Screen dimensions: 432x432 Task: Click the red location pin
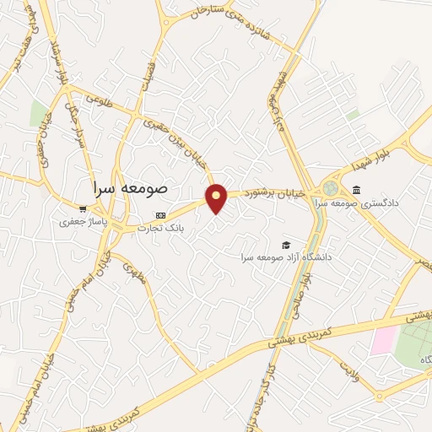218,197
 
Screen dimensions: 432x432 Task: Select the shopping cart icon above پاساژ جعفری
82,209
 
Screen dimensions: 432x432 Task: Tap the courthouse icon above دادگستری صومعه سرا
358,189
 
